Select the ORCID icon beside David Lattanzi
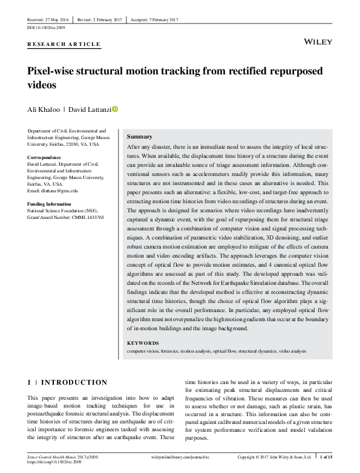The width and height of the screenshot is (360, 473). tap(116, 109)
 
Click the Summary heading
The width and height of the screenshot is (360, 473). tap(140, 137)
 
